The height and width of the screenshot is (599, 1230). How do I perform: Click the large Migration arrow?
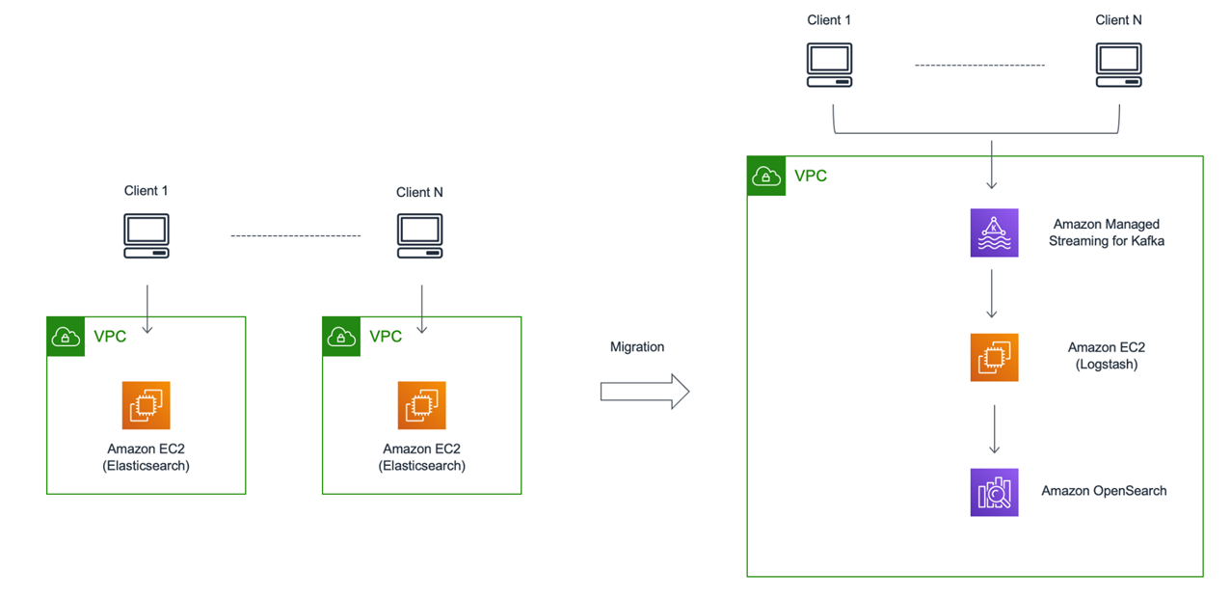pos(645,392)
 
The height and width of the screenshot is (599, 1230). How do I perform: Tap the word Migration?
pos(637,346)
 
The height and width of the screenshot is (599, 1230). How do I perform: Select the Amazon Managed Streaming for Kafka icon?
pos(994,232)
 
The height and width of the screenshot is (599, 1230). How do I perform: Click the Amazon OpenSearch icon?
pos(994,492)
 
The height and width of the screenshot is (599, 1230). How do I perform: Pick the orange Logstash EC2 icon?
pos(994,357)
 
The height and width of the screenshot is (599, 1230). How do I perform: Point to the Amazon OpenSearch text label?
pos(1104,491)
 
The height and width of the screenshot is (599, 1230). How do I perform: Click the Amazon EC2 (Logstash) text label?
pos(1107,356)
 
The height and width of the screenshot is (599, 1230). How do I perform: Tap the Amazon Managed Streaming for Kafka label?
pos(1107,232)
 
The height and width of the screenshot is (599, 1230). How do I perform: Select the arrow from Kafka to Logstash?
pos(992,293)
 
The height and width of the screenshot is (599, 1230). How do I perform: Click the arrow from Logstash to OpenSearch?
pos(995,429)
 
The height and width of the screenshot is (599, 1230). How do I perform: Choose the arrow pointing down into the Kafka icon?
pos(992,165)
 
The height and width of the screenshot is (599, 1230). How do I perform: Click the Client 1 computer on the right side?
pos(829,65)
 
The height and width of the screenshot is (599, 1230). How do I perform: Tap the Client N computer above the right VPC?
pos(1118,65)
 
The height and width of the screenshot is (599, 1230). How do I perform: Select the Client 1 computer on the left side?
pos(147,235)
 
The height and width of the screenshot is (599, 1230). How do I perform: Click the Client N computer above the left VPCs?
pos(419,235)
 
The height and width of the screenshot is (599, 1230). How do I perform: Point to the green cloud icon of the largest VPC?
pos(766,176)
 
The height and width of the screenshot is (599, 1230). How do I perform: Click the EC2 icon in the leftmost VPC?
pos(147,405)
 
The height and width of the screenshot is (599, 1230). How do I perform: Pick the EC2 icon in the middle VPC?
pos(421,405)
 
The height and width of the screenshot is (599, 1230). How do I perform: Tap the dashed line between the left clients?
pos(295,235)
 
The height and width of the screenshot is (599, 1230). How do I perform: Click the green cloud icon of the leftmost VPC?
pos(66,337)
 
